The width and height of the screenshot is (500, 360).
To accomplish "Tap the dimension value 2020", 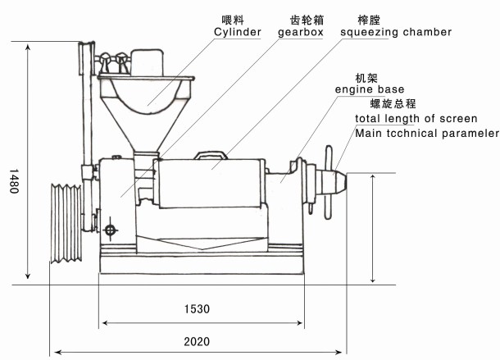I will click(197, 339).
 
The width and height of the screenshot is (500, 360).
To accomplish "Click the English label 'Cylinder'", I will click(237, 32).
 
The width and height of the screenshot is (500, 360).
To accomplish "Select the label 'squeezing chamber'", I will click(397, 32).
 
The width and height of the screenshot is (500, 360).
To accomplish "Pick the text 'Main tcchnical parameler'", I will click(426, 132).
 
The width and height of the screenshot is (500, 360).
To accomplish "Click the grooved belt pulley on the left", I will click(66, 224).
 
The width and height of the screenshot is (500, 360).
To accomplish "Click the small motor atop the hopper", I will click(148, 62).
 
